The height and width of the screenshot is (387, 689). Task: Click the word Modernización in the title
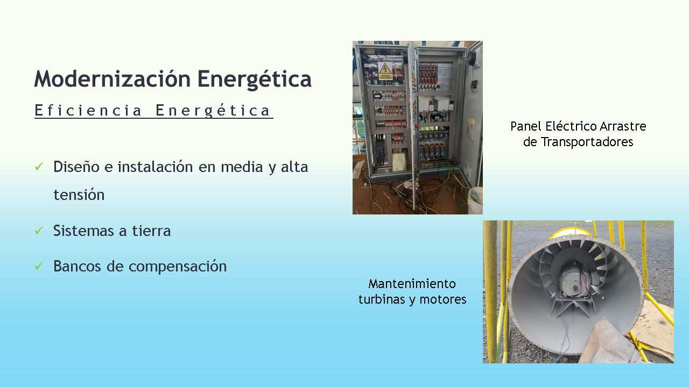tap(113, 79)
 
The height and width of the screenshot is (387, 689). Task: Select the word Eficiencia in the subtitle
tap(88, 110)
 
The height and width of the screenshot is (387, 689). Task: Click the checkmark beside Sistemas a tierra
tap(39, 231)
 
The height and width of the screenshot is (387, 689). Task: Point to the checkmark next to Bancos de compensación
tap(39, 266)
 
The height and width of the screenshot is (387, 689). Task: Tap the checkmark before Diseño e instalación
tap(39, 167)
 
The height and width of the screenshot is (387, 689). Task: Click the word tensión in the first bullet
tap(79, 195)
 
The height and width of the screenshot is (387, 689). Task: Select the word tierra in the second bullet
tap(151, 231)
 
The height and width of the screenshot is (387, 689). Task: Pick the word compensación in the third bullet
tap(178, 267)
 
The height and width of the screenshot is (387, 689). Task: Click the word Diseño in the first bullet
tap(76, 167)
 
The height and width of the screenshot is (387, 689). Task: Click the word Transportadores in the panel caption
tap(587, 142)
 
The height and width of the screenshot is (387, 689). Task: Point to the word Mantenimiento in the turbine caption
tap(412, 284)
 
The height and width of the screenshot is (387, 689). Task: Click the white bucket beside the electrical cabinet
tap(475, 200)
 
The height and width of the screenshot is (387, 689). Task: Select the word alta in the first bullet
tap(294, 167)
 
